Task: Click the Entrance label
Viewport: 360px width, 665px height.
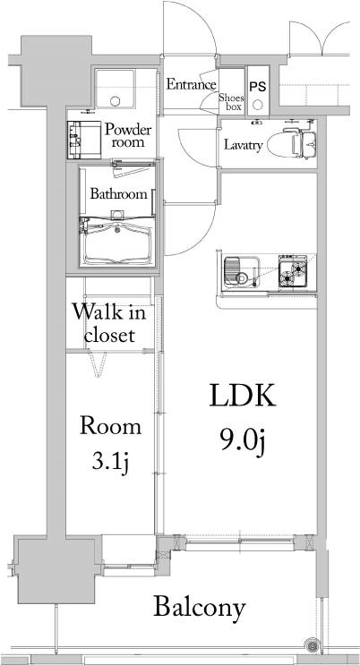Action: (x=191, y=85)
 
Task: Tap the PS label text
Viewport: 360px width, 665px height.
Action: (x=257, y=87)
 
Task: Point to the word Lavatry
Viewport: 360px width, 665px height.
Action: (x=243, y=145)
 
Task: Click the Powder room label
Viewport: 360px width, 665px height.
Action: (x=128, y=136)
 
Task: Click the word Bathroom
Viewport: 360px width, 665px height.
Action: (x=117, y=193)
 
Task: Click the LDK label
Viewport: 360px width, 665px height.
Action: (x=242, y=395)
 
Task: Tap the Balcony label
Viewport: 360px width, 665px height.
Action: (x=199, y=608)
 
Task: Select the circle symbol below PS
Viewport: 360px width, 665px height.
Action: (x=257, y=103)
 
